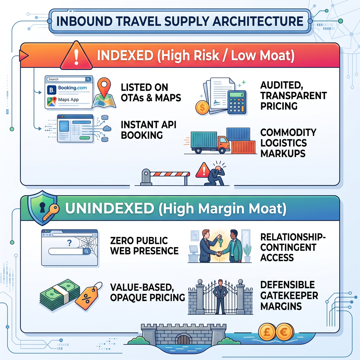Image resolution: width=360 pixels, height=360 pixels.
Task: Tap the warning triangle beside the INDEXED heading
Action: [x=76, y=56]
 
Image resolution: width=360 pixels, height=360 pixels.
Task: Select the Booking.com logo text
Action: [x=72, y=88]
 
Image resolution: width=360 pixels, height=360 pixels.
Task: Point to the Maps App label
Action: [x=68, y=99]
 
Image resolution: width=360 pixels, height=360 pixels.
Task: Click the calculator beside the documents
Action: [x=237, y=102]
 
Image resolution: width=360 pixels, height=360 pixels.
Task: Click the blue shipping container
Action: [x=238, y=134]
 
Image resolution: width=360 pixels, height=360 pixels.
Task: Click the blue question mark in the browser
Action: [x=69, y=243]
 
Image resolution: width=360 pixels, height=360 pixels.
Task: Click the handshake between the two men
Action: [x=219, y=254]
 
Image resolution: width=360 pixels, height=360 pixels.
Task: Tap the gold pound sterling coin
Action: [x=267, y=332]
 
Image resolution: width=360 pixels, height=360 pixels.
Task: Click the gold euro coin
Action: [x=284, y=332]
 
